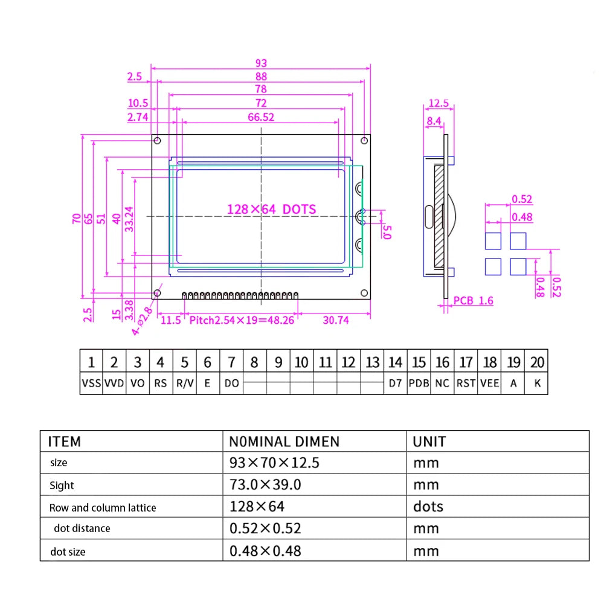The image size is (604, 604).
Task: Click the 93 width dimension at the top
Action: click(261, 63)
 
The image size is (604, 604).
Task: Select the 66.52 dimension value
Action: click(261, 117)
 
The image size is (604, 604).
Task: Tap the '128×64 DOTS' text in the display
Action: click(271, 209)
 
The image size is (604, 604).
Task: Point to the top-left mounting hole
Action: click(157, 141)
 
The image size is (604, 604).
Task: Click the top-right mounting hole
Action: click(364, 141)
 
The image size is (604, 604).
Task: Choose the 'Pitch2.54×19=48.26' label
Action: click(242, 320)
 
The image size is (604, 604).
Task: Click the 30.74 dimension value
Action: click(335, 320)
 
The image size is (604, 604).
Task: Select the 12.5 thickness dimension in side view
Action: click(438, 103)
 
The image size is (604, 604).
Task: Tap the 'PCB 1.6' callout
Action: click(473, 300)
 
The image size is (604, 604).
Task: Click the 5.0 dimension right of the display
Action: click(387, 231)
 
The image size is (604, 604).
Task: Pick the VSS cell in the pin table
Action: click(91, 383)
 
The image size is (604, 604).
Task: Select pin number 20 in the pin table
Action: click(537, 362)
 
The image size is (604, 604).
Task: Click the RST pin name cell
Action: click(466, 383)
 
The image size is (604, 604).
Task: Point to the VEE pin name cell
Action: click(490, 383)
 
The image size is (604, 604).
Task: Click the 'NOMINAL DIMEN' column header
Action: click(284, 442)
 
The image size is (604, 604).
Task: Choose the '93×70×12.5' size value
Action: click(274, 463)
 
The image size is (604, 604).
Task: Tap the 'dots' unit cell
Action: click(428, 506)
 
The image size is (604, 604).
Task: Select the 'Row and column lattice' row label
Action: click(103, 508)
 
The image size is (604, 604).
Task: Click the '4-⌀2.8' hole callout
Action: click(142, 319)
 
